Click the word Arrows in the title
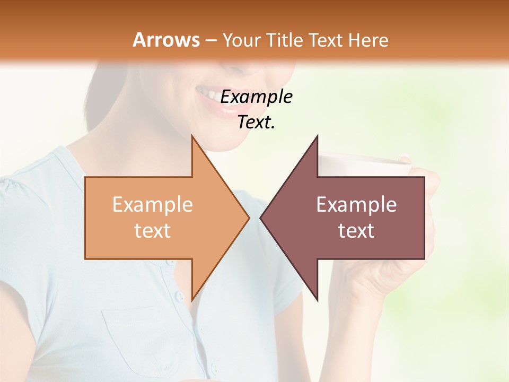(x=166, y=40)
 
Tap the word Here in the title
(x=368, y=40)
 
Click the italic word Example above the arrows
(x=256, y=97)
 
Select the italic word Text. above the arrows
(x=256, y=123)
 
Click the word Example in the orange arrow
(x=153, y=205)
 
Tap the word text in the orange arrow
(x=153, y=230)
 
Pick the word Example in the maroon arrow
(x=356, y=205)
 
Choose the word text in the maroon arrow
(x=356, y=230)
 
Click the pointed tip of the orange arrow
(x=249, y=218)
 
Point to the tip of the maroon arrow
(x=261, y=218)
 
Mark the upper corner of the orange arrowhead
(x=192, y=136)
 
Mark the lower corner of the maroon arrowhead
(x=317, y=300)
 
